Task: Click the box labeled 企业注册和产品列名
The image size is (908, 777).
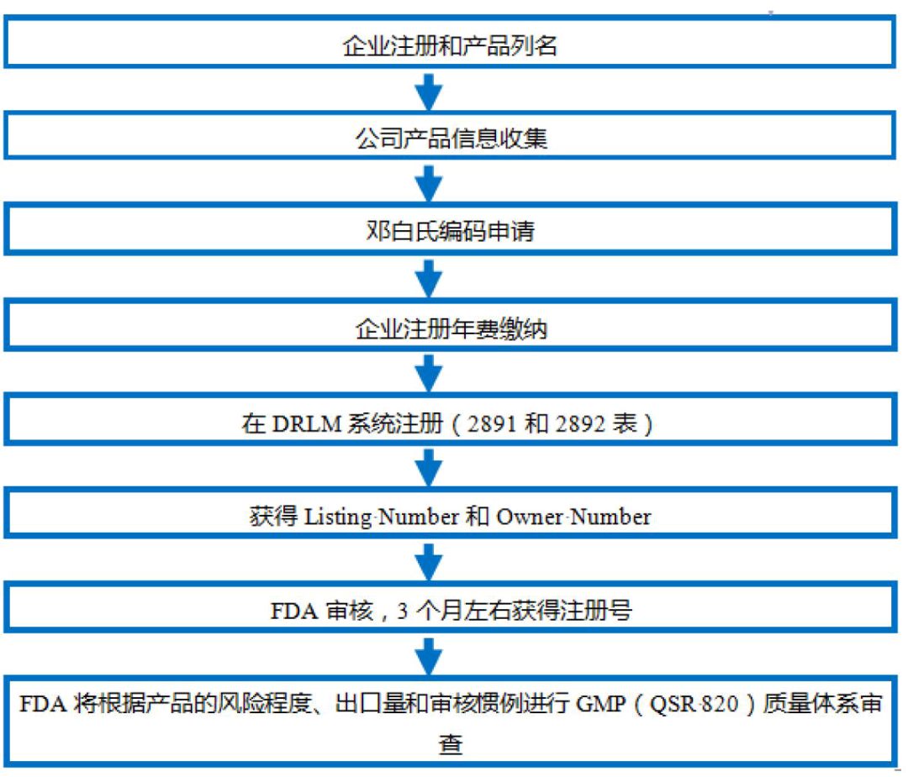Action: pos(451,45)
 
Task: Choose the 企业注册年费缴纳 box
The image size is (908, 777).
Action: pos(451,328)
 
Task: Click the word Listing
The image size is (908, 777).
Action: pos(338,517)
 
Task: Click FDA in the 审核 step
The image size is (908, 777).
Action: pos(292,611)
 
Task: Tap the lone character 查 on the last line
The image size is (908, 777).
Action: pos(451,744)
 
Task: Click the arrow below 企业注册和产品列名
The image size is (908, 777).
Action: pos(429,91)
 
